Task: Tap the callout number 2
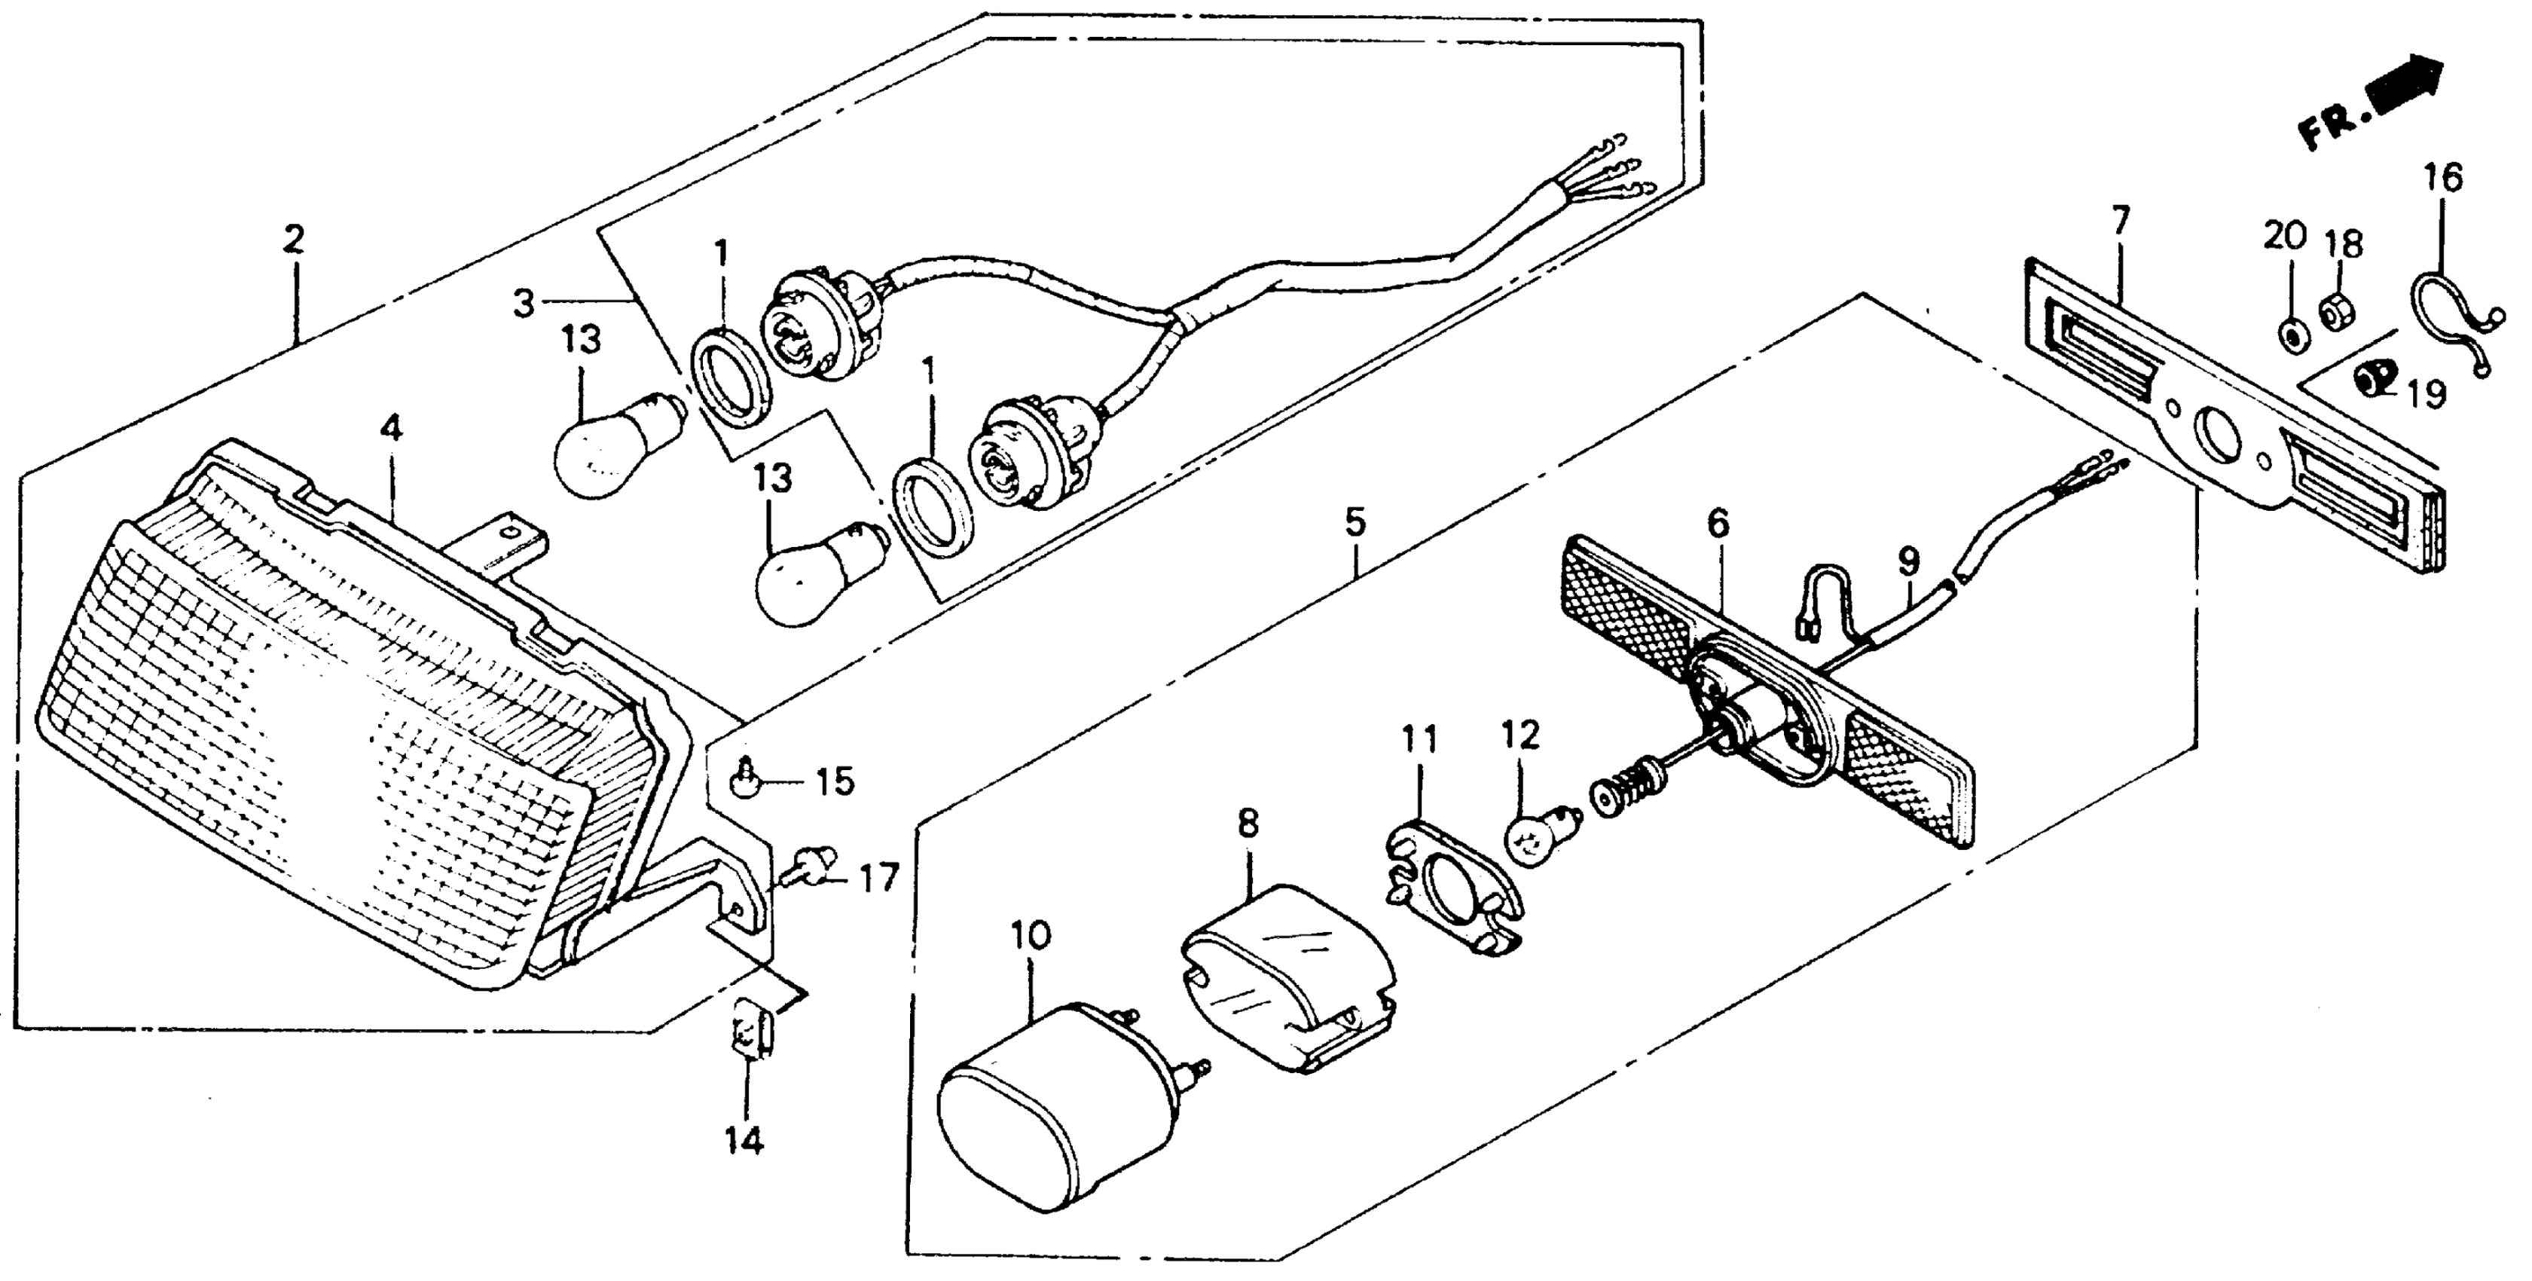click(x=294, y=240)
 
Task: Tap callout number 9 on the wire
click(x=1907, y=561)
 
